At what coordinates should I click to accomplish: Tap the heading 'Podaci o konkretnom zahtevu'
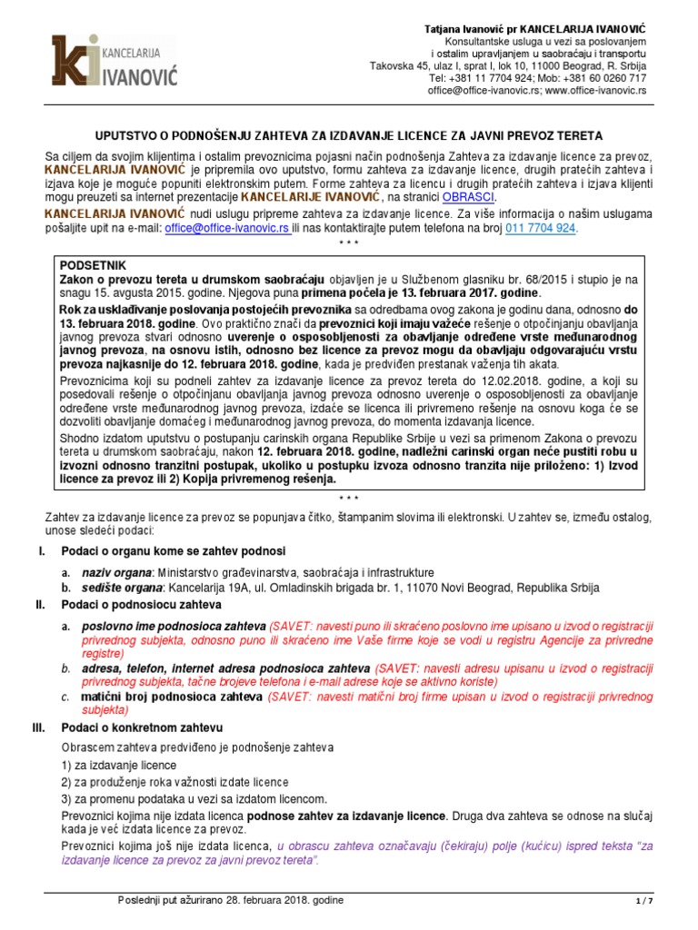(x=142, y=728)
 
